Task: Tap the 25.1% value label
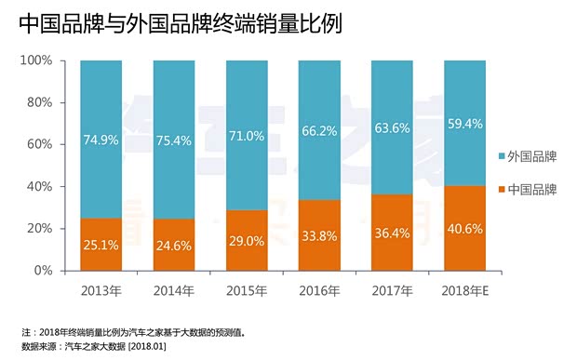101,247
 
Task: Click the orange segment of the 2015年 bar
246,240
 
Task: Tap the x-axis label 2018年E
463,289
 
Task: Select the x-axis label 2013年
101,289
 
